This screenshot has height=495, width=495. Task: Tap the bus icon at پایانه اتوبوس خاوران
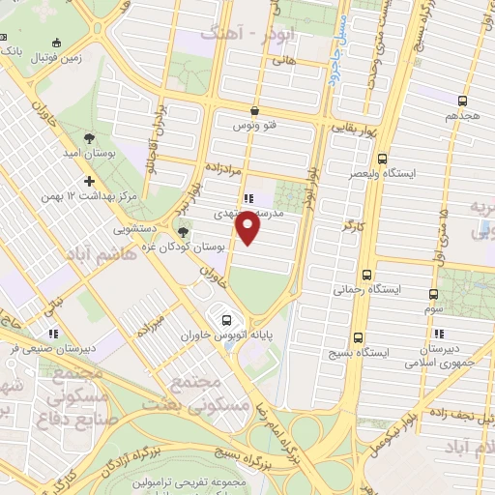pos(227,319)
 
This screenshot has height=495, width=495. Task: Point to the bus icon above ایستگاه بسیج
pos(359,337)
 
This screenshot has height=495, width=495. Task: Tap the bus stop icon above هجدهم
pos(463,100)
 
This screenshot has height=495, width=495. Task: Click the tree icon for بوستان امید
pos(89,139)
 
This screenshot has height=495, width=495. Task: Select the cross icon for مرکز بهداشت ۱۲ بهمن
pos(89,181)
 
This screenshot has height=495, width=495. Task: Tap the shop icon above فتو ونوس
pos(253,110)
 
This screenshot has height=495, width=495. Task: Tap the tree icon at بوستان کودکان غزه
pos(184,230)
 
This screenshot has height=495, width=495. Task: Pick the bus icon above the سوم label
pos(435,290)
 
